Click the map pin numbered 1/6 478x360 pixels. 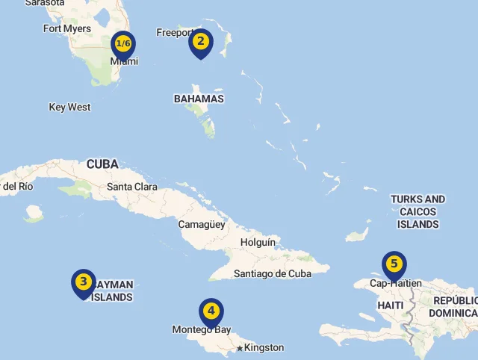click(x=123, y=45)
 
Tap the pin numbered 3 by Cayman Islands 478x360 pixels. click(x=84, y=282)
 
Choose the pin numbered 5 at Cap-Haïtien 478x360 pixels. click(x=394, y=264)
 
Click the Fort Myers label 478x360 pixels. click(x=67, y=29)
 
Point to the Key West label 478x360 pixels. click(x=69, y=108)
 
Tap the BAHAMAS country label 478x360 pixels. click(x=199, y=99)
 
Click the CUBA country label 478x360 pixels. click(x=102, y=164)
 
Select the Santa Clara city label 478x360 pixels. click(x=132, y=187)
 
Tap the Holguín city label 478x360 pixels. click(x=258, y=243)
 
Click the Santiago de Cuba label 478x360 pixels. click(x=273, y=273)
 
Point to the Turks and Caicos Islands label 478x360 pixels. click(x=418, y=211)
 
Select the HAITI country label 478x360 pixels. click(x=391, y=305)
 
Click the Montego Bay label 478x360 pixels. click(x=202, y=329)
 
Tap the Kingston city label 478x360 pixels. click(x=264, y=348)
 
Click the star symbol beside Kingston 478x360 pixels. click(x=239, y=348)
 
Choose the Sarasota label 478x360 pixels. click(x=45, y=3)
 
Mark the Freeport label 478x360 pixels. click(x=175, y=32)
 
